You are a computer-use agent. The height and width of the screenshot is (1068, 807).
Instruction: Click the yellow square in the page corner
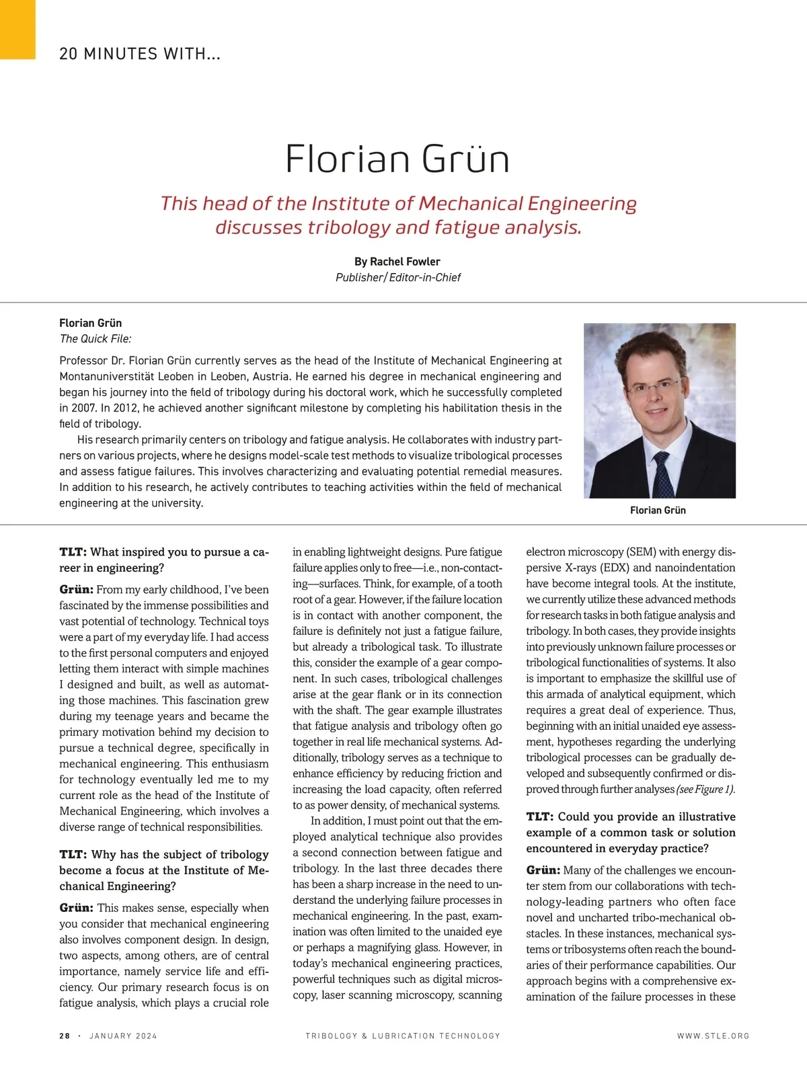tap(17, 29)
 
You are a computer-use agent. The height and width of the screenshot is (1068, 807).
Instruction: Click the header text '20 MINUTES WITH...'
tap(140, 54)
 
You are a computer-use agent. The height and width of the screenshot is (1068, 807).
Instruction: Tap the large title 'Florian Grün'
tap(397, 159)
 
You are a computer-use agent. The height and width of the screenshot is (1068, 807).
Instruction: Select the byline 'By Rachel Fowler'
tap(397, 262)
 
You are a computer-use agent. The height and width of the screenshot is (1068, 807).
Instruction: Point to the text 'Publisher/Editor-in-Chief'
tap(398, 277)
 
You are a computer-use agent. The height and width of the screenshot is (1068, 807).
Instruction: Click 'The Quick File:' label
tap(95, 339)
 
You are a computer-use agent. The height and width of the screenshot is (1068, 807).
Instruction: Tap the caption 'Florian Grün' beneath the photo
tap(658, 510)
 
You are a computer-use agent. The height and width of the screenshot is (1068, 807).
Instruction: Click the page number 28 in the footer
tap(65, 1036)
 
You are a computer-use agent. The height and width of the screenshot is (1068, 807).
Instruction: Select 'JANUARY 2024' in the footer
tap(123, 1036)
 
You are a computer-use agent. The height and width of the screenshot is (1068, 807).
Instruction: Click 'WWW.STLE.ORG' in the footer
tap(713, 1036)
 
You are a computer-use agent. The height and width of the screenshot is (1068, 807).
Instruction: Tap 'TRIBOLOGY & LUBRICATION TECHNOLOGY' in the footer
tap(403, 1036)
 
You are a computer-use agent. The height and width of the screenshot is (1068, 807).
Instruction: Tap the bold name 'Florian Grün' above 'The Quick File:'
tap(91, 323)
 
